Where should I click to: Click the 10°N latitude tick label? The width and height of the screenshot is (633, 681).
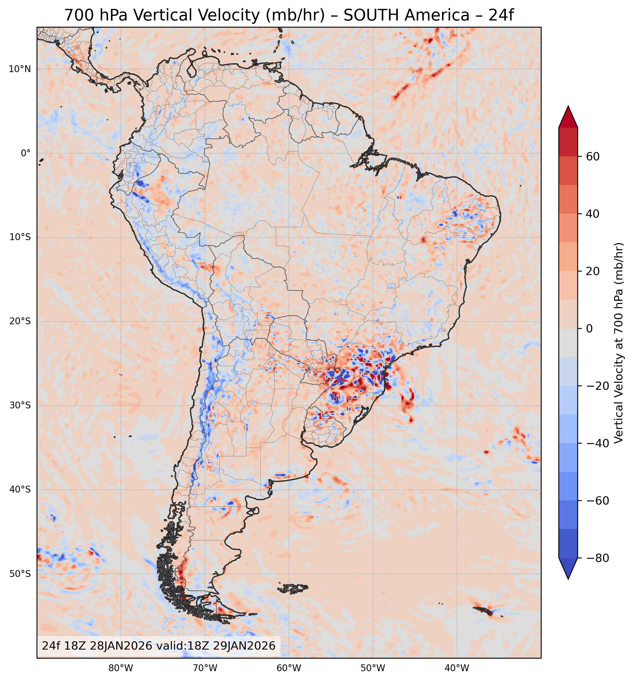coord(19,69)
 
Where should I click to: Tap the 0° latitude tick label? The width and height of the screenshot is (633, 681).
coord(26,153)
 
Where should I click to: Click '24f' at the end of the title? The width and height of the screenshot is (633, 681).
coord(501,15)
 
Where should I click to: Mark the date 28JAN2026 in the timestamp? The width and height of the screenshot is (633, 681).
coord(121,645)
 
